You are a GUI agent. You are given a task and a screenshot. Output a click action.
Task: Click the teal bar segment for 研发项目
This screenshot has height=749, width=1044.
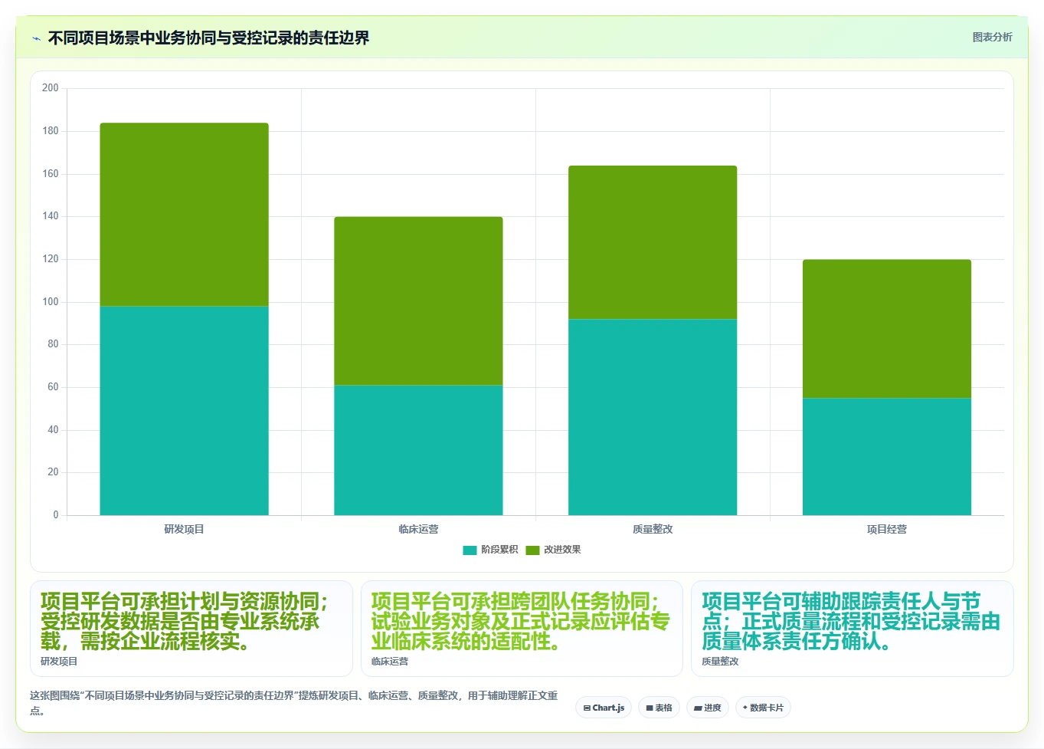(x=184, y=410)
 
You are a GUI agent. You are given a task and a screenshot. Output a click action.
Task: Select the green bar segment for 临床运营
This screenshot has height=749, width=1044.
(x=418, y=301)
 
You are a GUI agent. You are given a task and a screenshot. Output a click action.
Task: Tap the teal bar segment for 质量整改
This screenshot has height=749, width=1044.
(x=653, y=417)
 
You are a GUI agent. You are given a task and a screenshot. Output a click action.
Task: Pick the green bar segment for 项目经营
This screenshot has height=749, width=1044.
(x=887, y=329)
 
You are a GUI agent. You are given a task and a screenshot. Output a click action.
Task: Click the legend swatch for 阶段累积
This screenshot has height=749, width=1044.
(x=470, y=550)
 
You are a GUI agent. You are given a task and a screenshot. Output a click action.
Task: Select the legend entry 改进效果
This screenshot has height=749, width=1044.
(x=553, y=550)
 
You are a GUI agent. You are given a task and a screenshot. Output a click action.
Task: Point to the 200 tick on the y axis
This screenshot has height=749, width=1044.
(x=51, y=87)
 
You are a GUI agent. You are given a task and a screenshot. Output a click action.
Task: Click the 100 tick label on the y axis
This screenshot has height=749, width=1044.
(x=51, y=302)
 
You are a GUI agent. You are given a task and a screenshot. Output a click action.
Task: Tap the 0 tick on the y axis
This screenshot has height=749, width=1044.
(x=56, y=515)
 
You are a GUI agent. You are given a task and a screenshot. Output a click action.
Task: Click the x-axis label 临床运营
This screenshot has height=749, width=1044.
(x=418, y=529)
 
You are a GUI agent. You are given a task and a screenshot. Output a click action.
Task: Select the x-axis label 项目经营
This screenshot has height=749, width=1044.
(x=887, y=529)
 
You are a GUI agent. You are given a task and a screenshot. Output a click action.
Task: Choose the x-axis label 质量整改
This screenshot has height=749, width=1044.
(x=653, y=529)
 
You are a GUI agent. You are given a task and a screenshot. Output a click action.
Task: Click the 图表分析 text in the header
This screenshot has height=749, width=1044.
(x=992, y=38)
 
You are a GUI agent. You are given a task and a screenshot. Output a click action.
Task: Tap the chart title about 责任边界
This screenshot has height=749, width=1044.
(x=209, y=38)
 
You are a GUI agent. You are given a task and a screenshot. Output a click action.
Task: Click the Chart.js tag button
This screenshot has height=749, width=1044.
(x=604, y=708)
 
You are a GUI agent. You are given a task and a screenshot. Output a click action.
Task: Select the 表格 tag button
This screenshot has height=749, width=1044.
(x=659, y=708)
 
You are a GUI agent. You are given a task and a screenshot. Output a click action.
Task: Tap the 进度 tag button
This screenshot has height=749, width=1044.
(x=708, y=708)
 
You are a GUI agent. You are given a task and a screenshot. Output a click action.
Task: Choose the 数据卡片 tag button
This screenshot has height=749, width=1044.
(x=763, y=708)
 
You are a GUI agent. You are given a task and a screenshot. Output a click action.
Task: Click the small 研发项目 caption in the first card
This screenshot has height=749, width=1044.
(x=59, y=662)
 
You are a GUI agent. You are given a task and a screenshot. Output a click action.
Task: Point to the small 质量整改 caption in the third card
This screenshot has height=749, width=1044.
(x=720, y=662)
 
